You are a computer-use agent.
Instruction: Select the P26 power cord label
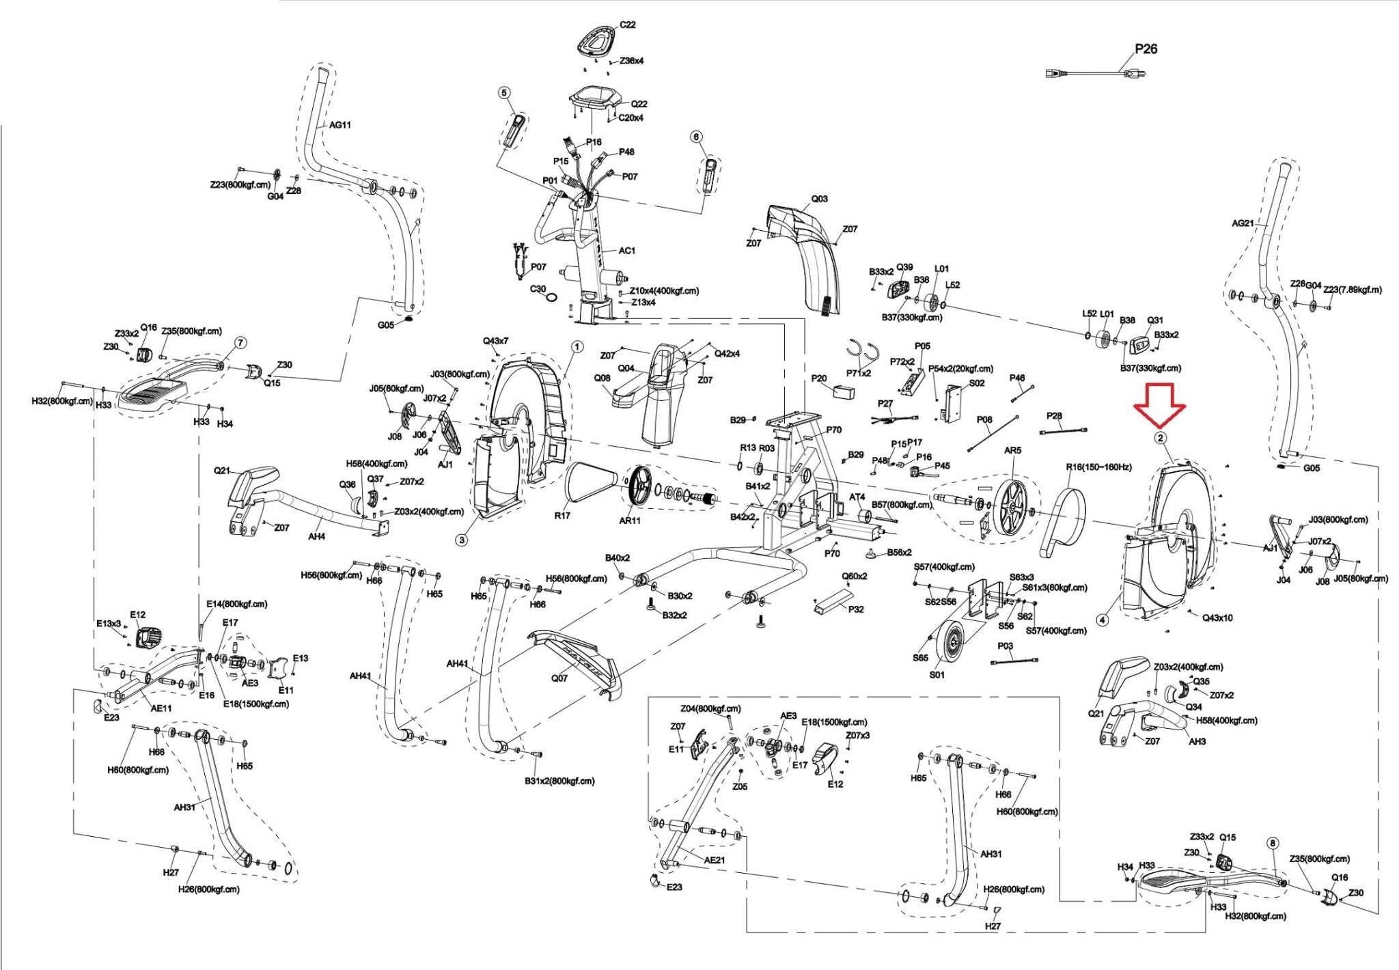(x=1146, y=49)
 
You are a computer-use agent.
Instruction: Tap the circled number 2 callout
(x=1160, y=438)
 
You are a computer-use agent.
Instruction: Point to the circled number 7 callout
(x=240, y=342)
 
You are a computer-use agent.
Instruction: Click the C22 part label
(x=627, y=25)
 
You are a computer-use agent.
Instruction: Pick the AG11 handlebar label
(x=340, y=125)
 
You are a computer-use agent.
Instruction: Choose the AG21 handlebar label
(x=1243, y=223)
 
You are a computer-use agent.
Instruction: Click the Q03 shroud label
(x=819, y=199)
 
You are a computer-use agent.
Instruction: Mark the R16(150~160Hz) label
(x=1098, y=467)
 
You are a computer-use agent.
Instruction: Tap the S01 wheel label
(x=938, y=675)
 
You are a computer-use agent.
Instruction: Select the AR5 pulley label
(x=1012, y=451)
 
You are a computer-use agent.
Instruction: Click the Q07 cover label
(x=559, y=678)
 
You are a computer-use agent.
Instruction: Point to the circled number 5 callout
(x=504, y=92)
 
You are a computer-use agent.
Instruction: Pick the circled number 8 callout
(x=1272, y=843)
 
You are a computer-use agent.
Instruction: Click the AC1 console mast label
(x=626, y=251)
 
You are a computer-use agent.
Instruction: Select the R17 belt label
(x=562, y=516)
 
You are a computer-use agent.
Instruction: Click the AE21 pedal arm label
(x=714, y=860)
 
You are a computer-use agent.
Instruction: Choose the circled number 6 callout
(x=697, y=137)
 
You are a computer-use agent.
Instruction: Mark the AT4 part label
(x=857, y=497)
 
